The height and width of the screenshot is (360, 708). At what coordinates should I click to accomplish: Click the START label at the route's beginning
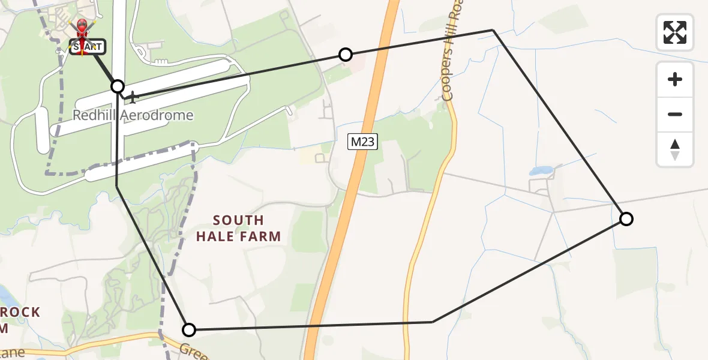88,47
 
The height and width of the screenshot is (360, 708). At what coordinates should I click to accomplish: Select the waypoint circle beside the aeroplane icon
118,86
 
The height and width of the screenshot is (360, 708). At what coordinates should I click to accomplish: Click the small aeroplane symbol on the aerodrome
132,96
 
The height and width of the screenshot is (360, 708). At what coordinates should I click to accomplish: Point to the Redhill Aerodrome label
133,115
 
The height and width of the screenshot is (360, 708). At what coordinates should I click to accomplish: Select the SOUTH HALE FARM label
238,229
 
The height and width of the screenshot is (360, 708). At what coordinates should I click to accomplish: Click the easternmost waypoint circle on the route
626,219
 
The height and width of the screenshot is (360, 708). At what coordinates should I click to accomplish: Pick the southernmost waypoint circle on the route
189,329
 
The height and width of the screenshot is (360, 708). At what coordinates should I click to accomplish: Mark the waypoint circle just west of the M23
346,55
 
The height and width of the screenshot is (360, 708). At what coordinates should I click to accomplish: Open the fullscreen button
675,32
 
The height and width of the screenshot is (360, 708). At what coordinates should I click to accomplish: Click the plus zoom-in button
675,79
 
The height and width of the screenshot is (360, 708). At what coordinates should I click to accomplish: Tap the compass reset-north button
675,149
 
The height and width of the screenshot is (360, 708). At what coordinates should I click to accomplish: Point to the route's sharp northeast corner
493,29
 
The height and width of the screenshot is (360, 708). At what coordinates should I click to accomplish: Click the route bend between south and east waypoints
433,322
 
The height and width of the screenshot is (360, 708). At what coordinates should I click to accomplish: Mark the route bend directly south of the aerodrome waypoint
117,187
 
